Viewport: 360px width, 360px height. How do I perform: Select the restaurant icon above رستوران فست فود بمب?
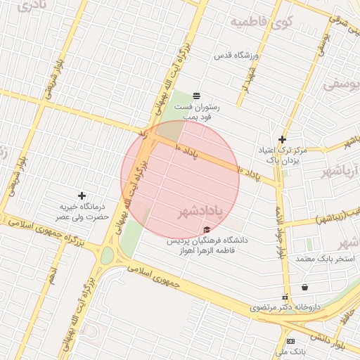pyautogui.click(x=196, y=95)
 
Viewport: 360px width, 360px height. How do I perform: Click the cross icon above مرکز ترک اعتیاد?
pyautogui.click(x=282, y=139)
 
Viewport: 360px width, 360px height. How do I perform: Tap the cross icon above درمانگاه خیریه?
pyautogui.click(x=82, y=195)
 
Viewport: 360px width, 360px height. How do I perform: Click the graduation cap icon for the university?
pyautogui.click(x=206, y=229)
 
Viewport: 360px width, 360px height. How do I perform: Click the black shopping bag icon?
pyautogui.click(x=304, y=287)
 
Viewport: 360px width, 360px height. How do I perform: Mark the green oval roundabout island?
pyautogui.click(x=107, y=257)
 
